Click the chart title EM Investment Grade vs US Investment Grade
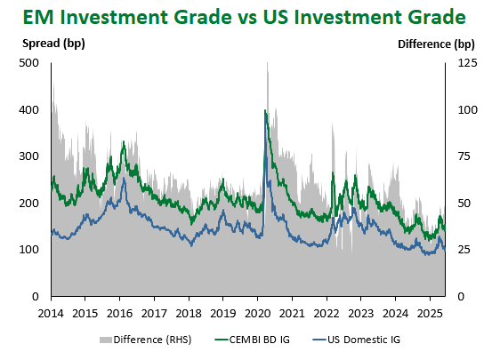[x=244, y=17]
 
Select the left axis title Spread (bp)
[x=53, y=44]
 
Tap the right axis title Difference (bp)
[x=436, y=44]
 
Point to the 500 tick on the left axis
[x=28, y=63]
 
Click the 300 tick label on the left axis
[x=28, y=156]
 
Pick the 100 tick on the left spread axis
[x=28, y=250]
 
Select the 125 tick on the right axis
[x=467, y=63]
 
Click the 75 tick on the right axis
[x=464, y=156]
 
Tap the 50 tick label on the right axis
[x=464, y=204]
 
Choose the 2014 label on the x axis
[x=51, y=314]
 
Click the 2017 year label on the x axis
[x=154, y=314]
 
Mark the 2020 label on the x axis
[x=257, y=314]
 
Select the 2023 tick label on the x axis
[x=361, y=314]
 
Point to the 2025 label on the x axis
[x=430, y=314]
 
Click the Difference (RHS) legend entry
[x=146, y=340]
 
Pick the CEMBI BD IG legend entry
[x=253, y=340]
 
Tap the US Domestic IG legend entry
[x=357, y=340]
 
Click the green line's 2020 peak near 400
[x=265, y=111]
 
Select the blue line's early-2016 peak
[x=124, y=179]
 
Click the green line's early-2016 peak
[x=124, y=141]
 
